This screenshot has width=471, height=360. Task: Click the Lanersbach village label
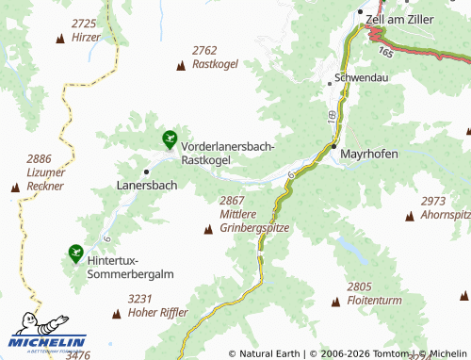coord(146,186)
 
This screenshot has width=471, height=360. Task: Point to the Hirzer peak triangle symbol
coord(61,39)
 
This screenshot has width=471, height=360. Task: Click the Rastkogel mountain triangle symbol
coord(181,65)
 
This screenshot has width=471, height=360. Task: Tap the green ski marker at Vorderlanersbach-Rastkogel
coord(169,140)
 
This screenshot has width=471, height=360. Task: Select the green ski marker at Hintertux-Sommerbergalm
coord(74,253)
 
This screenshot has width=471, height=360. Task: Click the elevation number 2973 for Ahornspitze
coord(433,201)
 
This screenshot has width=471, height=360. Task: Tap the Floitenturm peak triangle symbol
coord(336,302)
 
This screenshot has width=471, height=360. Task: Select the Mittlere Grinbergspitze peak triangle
coord(208,229)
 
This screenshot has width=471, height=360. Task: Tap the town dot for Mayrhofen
coord(333,147)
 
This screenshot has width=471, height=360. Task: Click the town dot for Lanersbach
coord(146,172)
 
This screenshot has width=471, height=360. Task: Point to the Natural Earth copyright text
coord(267,353)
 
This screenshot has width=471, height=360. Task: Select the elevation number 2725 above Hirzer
coord(85,24)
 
